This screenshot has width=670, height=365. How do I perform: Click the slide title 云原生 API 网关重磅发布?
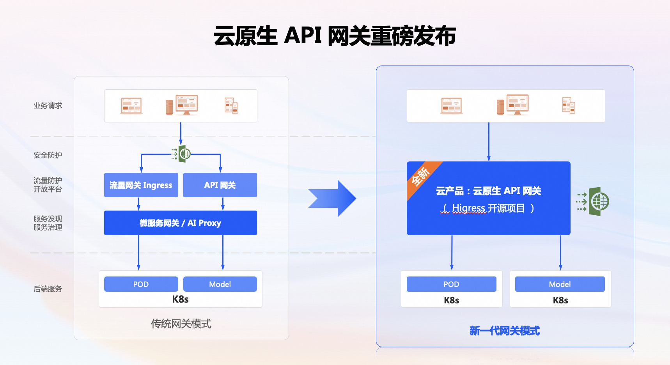[335, 36]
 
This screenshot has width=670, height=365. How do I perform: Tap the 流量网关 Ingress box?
[141, 185]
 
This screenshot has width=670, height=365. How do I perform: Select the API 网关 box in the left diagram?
[220, 185]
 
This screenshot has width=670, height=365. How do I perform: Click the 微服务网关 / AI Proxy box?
[180, 223]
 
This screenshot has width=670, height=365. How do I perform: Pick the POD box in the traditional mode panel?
[141, 284]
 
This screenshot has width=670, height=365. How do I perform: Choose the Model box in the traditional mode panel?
[220, 284]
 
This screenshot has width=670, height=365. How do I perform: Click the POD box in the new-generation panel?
[451, 284]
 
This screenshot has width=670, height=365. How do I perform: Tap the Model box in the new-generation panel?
[560, 284]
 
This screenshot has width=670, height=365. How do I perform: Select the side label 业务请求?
[48, 106]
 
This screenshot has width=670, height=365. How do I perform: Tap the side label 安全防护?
[48, 155]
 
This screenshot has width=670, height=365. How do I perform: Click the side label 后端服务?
[48, 289]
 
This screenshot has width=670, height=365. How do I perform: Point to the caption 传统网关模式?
[181, 324]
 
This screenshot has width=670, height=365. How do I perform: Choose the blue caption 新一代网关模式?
[505, 331]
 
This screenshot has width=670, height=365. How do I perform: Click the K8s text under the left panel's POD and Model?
[180, 299]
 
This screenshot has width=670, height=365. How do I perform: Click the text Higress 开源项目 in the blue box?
[488, 208]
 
